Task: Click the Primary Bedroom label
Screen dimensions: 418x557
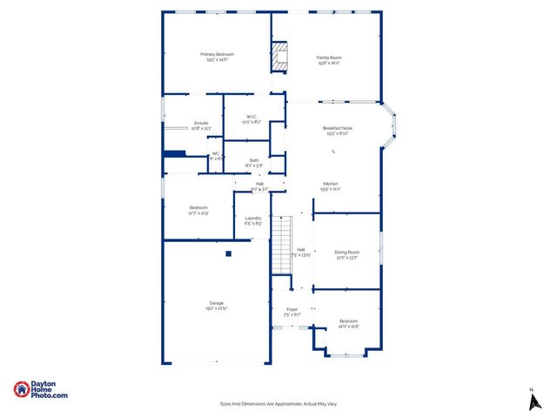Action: pyautogui.click(x=217, y=57)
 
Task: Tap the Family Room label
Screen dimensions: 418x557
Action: pyautogui.click(x=328, y=60)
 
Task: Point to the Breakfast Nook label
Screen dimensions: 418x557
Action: pyautogui.click(x=337, y=131)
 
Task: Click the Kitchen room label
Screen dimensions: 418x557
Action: pyautogui.click(x=330, y=185)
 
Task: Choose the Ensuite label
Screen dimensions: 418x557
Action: pyautogui.click(x=201, y=125)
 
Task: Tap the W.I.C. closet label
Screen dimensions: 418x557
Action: pyautogui.click(x=251, y=118)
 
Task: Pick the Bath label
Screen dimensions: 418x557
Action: pyautogui.click(x=254, y=162)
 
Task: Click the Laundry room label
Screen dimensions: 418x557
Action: pyautogui.click(x=253, y=220)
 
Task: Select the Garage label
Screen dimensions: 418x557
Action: pyautogui.click(x=216, y=305)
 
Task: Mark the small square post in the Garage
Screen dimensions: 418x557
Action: pyautogui.click(x=228, y=254)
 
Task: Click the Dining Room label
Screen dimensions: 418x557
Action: pyautogui.click(x=346, y=253)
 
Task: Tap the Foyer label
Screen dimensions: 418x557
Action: pyautogui.click(x=292, y=311)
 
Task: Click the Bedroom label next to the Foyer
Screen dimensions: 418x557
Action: pyautogui.click(x=348, y=323)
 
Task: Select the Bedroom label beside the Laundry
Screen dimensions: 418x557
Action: pyautogui.click(x=198, y=209)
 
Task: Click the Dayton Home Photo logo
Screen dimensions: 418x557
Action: pyautogui.click(x=40, y=390)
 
